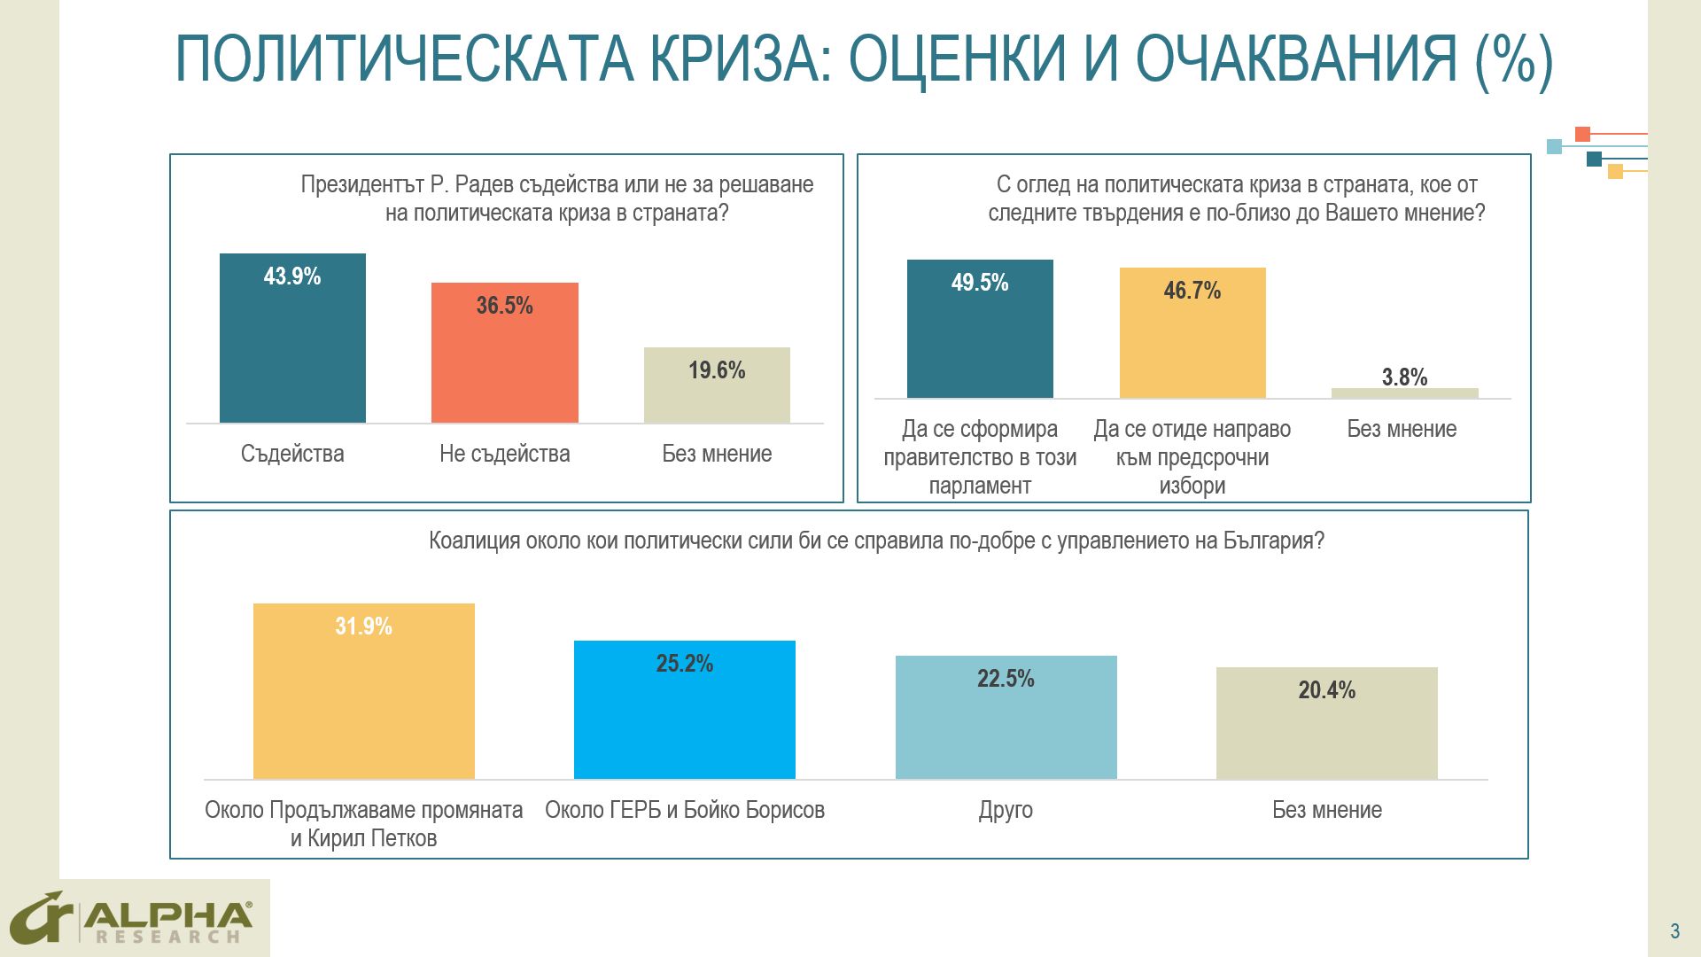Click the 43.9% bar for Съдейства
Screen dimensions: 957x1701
click(292, 346)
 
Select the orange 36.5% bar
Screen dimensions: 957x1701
click(504, 359)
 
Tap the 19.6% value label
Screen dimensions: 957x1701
click(717, 370)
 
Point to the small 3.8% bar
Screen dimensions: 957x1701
click(1404, 393)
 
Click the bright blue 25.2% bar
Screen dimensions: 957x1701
click(684, 713)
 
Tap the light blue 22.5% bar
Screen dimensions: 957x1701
click(1006, 722)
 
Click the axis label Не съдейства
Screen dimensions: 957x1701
click(504, 454)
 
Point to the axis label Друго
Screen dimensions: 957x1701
click(1006, 810)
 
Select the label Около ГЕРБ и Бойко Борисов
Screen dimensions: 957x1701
click(684, 810)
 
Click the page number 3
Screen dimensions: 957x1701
click(1674, 931)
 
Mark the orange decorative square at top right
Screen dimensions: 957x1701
click(1582, 135)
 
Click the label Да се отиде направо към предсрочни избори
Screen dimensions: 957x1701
click(1192, 457)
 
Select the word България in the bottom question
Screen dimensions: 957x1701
click(1273, 541)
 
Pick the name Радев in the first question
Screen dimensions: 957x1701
click(484, 184)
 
